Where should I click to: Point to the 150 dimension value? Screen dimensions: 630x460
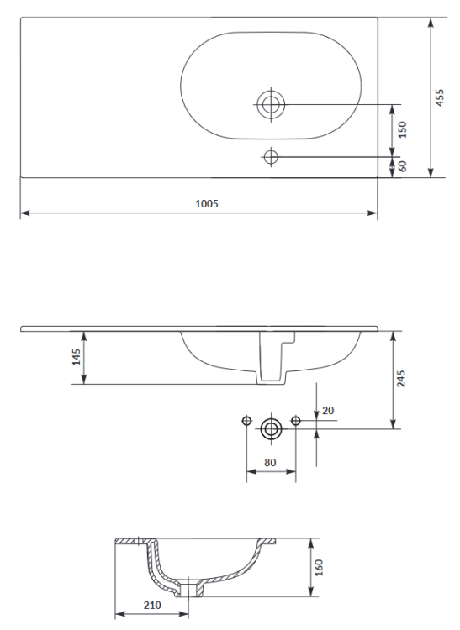coord(402,129)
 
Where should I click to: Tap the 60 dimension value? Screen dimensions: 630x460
coord(402,166)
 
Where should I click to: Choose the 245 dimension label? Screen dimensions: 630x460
coord(402,379)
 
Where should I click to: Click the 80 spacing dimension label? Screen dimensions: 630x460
coord(269,461)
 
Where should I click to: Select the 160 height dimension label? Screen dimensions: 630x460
coord(318,568)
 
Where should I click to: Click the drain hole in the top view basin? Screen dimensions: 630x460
coord(271,104)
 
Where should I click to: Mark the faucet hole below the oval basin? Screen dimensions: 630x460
coord(271,157)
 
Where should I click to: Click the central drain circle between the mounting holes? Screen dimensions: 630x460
coord(271,428)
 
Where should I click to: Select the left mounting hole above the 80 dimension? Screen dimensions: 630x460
coord(246,420)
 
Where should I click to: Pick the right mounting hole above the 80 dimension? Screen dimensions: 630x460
coord(295,420)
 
